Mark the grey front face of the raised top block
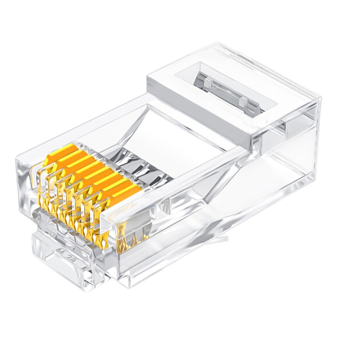coord(198,112)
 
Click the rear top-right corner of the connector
coord(319,97)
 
